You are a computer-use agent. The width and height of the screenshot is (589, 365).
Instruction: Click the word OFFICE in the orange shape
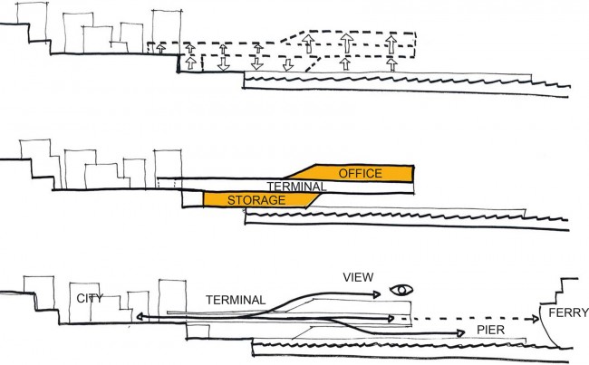[x=361, y=174]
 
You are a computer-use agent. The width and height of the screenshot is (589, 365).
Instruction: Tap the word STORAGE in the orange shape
[x=256, y=200]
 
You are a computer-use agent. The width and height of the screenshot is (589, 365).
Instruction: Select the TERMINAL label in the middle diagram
[x=296, y=187]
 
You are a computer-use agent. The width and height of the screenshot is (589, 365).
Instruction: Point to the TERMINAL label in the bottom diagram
[x=236, y=300]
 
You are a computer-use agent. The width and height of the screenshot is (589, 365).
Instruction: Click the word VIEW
[x=358, y=277]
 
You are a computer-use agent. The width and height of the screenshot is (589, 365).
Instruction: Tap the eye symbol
[x=401, y=290]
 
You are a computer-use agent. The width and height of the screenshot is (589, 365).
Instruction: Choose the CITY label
[x=90, y=299]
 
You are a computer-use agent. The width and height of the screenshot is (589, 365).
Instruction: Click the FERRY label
[x=568, y=312]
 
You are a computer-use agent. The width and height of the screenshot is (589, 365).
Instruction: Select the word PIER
[x=490, y=330]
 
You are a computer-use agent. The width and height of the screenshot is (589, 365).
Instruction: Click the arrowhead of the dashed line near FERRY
[x=536, y=319]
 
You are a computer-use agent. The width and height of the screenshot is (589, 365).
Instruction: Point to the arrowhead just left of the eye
[x=376, y=294]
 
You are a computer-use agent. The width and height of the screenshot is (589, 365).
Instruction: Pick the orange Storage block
[x=259, y=200]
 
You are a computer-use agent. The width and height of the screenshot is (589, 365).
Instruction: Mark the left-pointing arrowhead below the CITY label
[x=140, y=317]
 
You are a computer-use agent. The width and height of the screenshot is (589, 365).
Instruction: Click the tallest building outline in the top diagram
[x=167, y=32]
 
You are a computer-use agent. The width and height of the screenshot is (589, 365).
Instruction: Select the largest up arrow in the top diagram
[x=347, y=43]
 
